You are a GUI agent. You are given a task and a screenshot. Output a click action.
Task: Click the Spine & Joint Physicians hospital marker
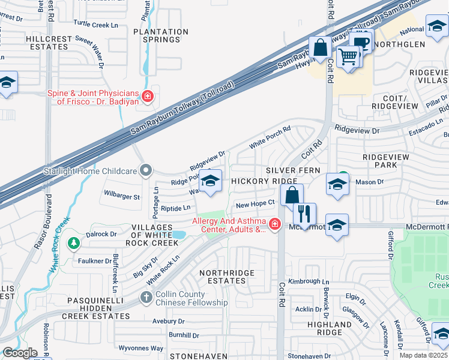point(147,95)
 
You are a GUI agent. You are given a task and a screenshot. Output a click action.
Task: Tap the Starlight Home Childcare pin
point(145,171)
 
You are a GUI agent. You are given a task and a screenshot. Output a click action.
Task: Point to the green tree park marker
point(74,244)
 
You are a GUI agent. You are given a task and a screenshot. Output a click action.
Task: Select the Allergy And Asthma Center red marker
point(274,224)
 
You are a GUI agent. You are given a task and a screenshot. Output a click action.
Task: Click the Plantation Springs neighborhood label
point(161,35)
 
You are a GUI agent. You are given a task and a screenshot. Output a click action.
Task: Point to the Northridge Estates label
point(226,277)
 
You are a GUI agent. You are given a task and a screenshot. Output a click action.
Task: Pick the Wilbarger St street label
point(121,196)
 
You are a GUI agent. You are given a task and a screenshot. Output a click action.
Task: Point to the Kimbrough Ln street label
point(309,281)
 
